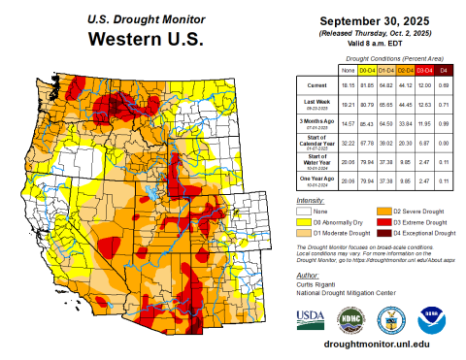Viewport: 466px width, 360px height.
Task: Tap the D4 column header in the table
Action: coord(444,71)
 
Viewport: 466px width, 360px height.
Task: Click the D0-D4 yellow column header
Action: coord(368,71)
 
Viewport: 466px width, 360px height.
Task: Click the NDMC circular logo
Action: coord(349,318)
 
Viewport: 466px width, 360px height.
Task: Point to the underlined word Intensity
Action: coord(312,200)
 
